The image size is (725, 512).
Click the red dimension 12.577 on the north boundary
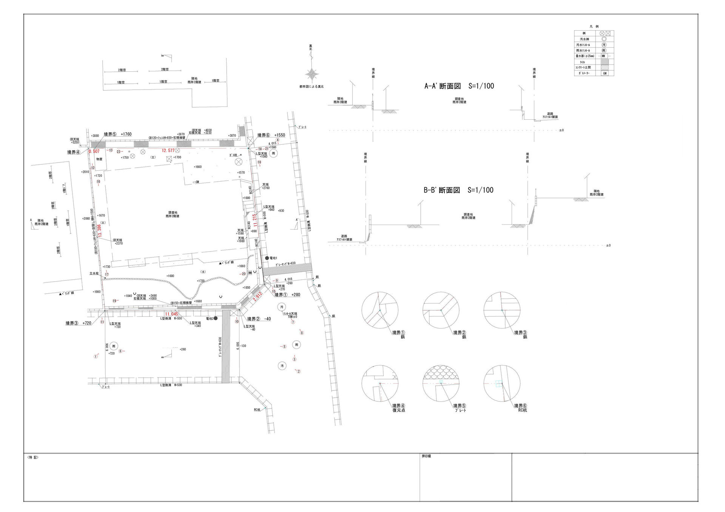[x=168, y=150]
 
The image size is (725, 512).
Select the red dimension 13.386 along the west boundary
[x=99, y=230]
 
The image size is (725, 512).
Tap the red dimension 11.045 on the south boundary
[x=171, y=314]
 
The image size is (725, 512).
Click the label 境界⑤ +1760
[x=117, y=134]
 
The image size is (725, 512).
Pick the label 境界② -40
[x=259, y=319]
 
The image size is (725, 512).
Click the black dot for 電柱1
[x=267, y=258]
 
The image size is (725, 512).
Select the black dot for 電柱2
[x=216, y=318]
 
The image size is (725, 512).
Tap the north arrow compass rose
[x=312, y=74]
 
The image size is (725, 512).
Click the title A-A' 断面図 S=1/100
[x=459, y=86]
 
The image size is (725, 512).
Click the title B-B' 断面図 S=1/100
[x=458, y=190]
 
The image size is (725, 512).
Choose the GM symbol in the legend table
[x=605, y=73]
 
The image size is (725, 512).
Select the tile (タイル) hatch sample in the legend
[x=605, y=62]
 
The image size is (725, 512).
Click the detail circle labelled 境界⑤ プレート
[x=441, y=383]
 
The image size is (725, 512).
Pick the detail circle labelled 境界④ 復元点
[x=379, y=383]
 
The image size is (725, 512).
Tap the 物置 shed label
[x=99, y=159]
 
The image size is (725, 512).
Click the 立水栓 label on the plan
[x=94, y=273]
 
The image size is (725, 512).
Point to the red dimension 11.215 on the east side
[x=255, y=220]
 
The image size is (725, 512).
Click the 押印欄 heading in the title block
[x=426, y=456]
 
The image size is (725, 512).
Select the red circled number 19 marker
[x=114, y=301]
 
